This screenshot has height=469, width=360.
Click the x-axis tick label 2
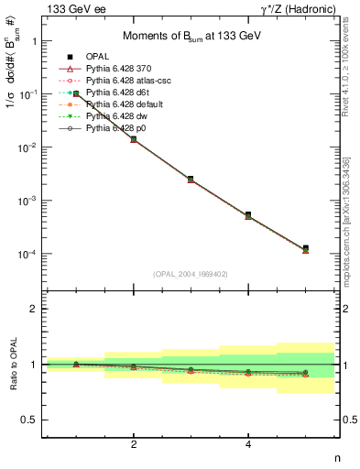click(134, 444)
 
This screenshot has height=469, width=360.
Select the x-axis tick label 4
click(248, 444)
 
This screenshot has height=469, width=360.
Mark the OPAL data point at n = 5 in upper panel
click(306, 248)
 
